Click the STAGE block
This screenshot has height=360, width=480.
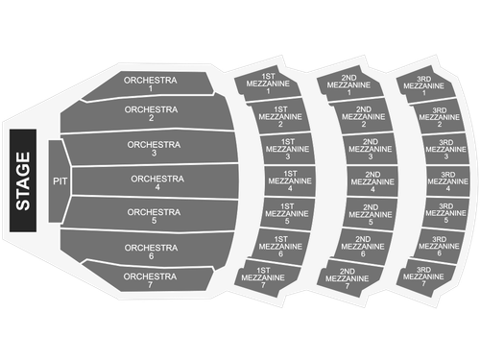(x=23, y=180)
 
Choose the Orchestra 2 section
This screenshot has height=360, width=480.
(x=152, y=115)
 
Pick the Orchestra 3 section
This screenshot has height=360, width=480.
(x=154, y=150)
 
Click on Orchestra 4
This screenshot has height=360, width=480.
(x=156, y=181)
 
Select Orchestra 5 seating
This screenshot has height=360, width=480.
(x=154, y=215)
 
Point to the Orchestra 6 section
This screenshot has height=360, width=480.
(x=152, y=252)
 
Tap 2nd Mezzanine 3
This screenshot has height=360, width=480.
(x=362, y=149)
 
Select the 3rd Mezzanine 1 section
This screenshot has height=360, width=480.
(x=425, y=85)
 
